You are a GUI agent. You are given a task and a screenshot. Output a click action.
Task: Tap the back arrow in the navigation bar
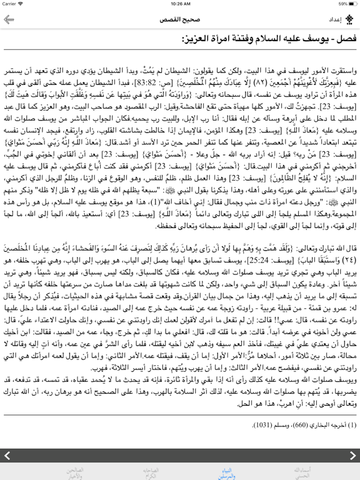[9, 19]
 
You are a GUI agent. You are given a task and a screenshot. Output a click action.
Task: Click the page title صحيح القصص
[180, 19]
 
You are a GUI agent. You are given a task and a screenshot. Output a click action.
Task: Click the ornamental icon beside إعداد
[351, 19]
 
